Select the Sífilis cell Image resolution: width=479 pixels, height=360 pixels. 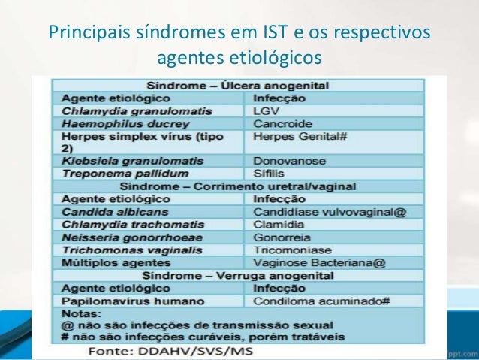(x=270, y=173)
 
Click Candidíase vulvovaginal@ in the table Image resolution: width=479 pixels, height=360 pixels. (x=330, y=212)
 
